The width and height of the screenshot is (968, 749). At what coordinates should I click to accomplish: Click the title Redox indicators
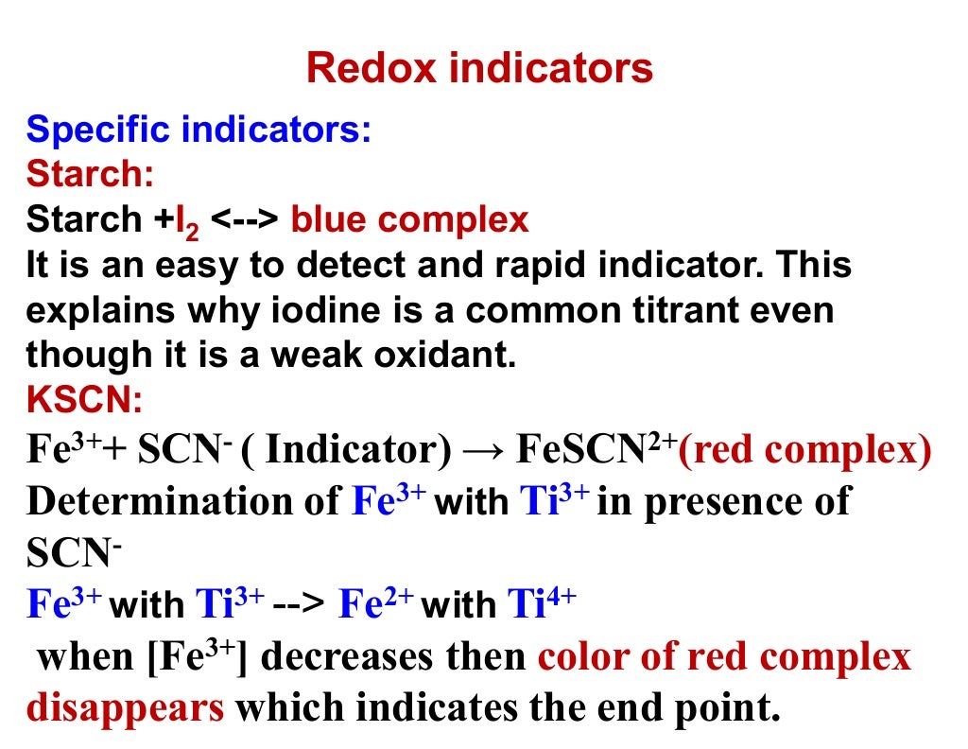479,68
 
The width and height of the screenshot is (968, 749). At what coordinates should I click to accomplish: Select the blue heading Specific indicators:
199,129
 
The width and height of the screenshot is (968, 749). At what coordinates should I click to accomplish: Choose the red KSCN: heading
84,401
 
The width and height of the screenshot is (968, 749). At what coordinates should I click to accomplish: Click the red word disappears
126,707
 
